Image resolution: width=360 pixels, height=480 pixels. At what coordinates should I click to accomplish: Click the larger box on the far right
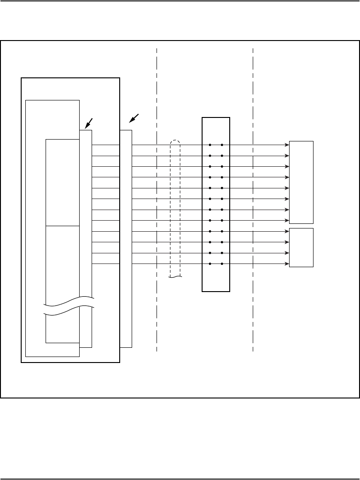(x=301, y=182)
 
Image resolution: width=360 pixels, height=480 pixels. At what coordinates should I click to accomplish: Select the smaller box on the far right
(x=301, y=247)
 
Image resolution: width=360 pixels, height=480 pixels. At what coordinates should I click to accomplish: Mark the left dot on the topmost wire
(x=210, y=145)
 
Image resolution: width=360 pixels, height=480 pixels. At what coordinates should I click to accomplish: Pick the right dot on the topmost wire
(x=222, y=145)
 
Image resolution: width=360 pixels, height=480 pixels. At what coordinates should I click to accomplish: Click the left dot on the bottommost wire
(x=210, y=264)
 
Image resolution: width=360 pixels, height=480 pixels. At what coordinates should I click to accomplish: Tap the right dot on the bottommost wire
(x=222, y=264)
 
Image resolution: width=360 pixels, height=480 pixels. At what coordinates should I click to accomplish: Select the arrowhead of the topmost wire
(x=287, y=145)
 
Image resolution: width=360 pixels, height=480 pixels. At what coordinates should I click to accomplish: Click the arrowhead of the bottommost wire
(x=287, y=264)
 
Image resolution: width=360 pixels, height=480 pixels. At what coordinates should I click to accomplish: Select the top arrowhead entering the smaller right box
(x=287, y=231)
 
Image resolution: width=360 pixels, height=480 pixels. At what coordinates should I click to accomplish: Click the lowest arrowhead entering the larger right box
(x=287, y=221)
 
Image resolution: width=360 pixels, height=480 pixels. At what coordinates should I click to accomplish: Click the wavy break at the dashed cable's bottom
(x=175, y=277)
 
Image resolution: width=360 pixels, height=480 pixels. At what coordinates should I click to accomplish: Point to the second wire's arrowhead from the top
(x=287, y=156)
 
